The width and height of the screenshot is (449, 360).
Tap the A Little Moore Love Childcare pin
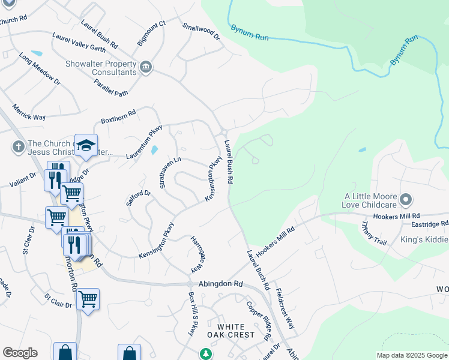406,199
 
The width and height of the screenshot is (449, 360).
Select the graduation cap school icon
86,146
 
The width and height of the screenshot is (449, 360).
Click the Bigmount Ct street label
151,34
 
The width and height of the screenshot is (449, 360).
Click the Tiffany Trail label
374,233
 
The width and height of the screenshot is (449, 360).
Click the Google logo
20,353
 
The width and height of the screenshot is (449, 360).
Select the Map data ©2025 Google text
411,355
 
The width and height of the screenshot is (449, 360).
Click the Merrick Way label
29,112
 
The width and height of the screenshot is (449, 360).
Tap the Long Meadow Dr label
40,68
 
